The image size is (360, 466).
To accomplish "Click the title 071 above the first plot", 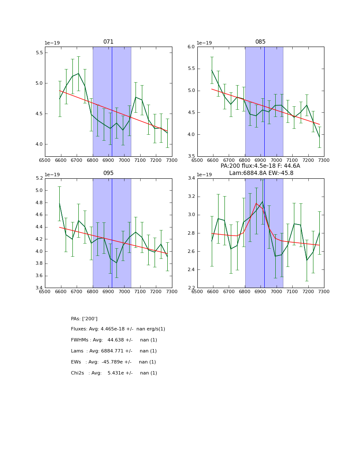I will tap(108, 42).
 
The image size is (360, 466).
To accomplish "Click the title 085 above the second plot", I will tap(260, 42).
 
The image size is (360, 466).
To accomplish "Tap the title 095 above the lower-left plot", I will tap(108, 173).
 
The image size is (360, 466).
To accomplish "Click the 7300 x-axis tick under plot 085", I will tap(324, 160).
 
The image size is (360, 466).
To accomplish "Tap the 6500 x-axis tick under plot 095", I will tap(45, 291).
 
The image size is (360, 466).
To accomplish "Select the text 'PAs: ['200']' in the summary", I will tap(84, 319).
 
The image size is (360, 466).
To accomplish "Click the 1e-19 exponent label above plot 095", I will tap(52, 175).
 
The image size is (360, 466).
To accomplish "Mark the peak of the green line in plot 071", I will tap(78, 73).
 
